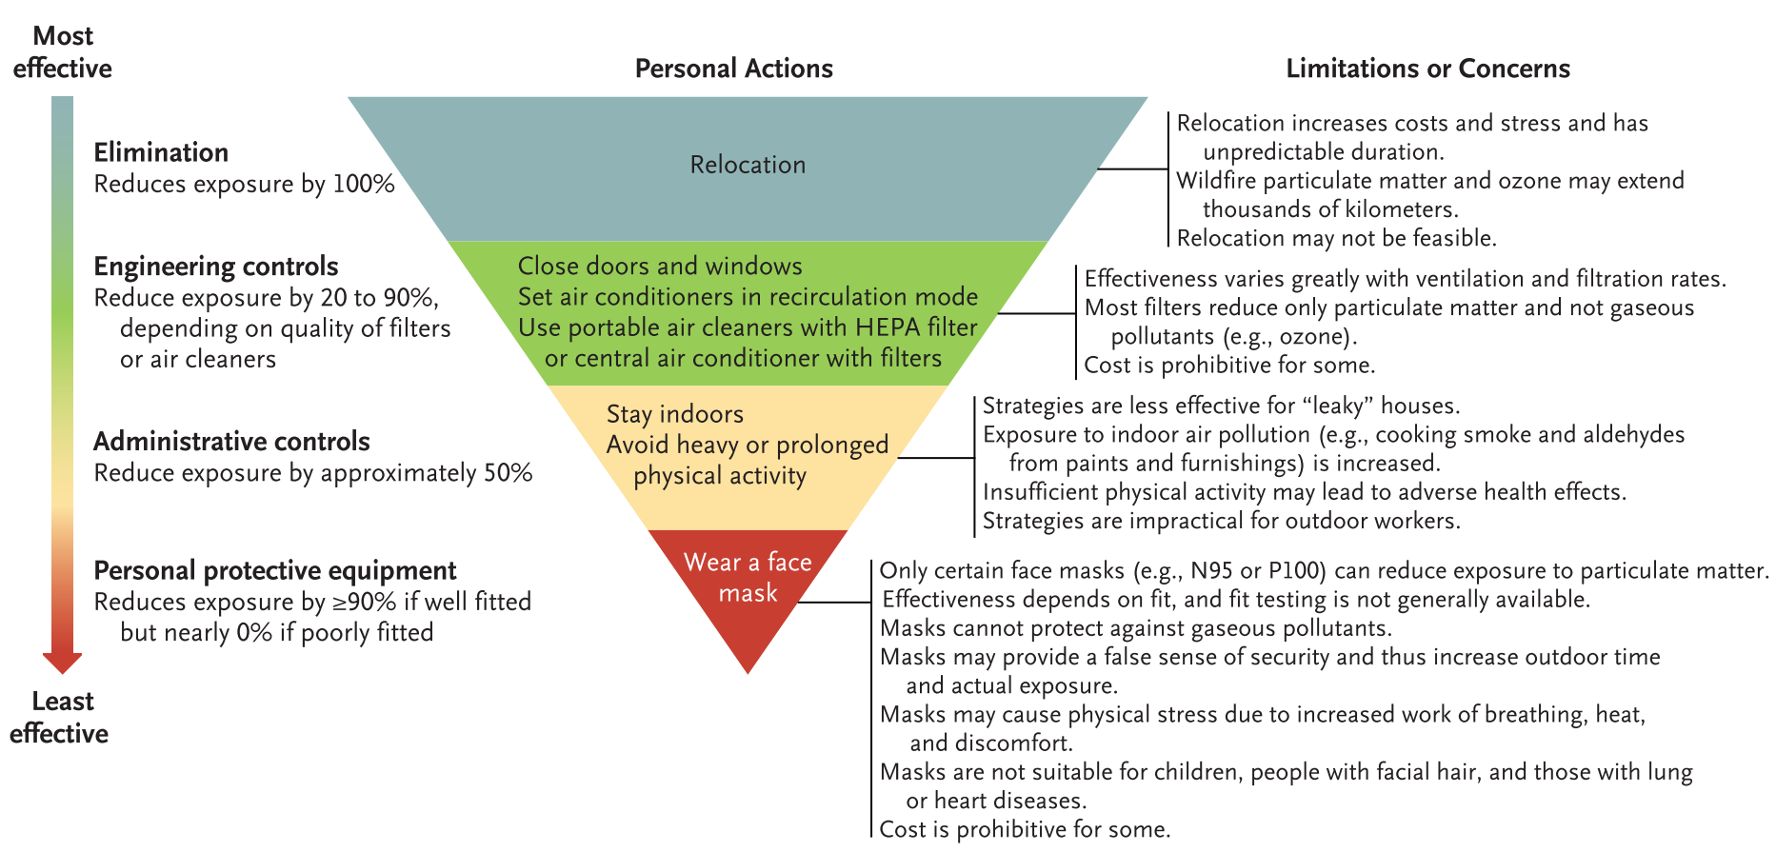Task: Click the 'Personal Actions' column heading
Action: point(733,69)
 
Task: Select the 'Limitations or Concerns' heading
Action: point(1427,69)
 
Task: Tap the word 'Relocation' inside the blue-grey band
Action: point(748,165)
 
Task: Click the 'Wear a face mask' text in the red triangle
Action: point(748,577)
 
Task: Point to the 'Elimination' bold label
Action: point(161,152)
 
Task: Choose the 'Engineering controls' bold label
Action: point(216,267)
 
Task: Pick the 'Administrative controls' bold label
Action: point(231,442)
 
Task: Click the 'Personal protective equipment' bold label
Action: point(275,570)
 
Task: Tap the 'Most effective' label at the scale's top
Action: point(63,51)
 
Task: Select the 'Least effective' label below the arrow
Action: point(60,717)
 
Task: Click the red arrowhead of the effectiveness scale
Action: point(62,663)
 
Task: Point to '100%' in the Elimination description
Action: point(363,184)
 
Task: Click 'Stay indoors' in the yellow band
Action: point(675,414)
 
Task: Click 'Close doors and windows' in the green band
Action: point(660,266)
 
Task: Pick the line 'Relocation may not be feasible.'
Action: point(1337,238)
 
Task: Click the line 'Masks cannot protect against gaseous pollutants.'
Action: point(1136,628)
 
